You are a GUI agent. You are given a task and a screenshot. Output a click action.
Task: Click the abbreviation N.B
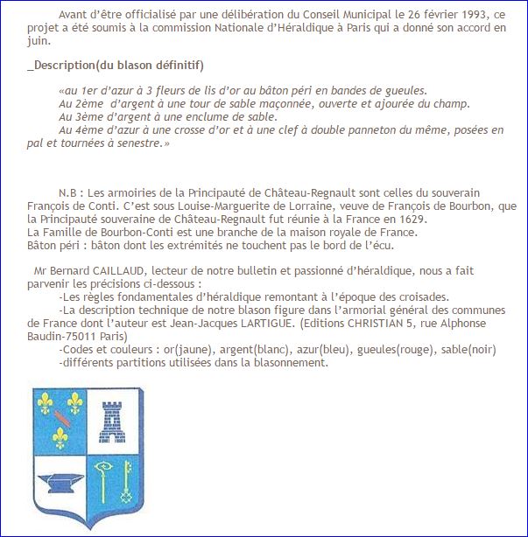pos(68,192)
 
